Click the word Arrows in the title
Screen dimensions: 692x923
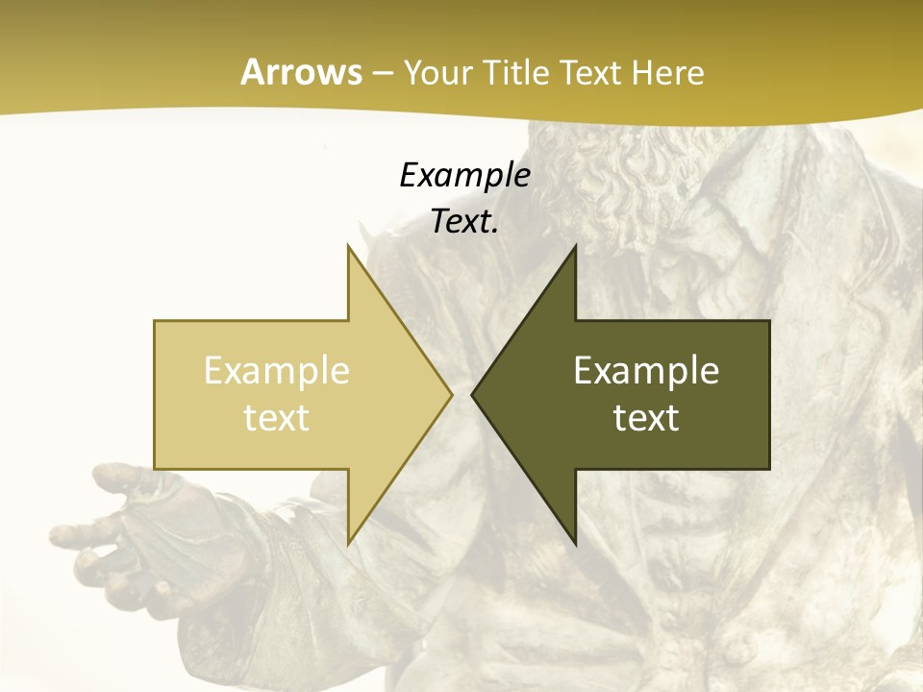point(301,72)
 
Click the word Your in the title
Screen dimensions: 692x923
point(438,73)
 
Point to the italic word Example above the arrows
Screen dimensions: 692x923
point(464,176)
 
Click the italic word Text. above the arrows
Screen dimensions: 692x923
point(464,222)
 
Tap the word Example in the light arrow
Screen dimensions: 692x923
point(277,371)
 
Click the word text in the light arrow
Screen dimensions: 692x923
point(277,418)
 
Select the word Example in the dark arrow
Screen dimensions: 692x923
point(646,371)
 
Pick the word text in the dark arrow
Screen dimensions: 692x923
point(646,418)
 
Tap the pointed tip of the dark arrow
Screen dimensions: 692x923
point(473,394)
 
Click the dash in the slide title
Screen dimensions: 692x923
point(382,74)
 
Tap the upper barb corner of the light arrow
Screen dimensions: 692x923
point(348,246)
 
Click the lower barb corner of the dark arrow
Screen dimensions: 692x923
point(575,543)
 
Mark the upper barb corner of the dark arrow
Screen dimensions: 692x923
point(575,246)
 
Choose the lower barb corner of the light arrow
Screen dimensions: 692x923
point(348,543)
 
